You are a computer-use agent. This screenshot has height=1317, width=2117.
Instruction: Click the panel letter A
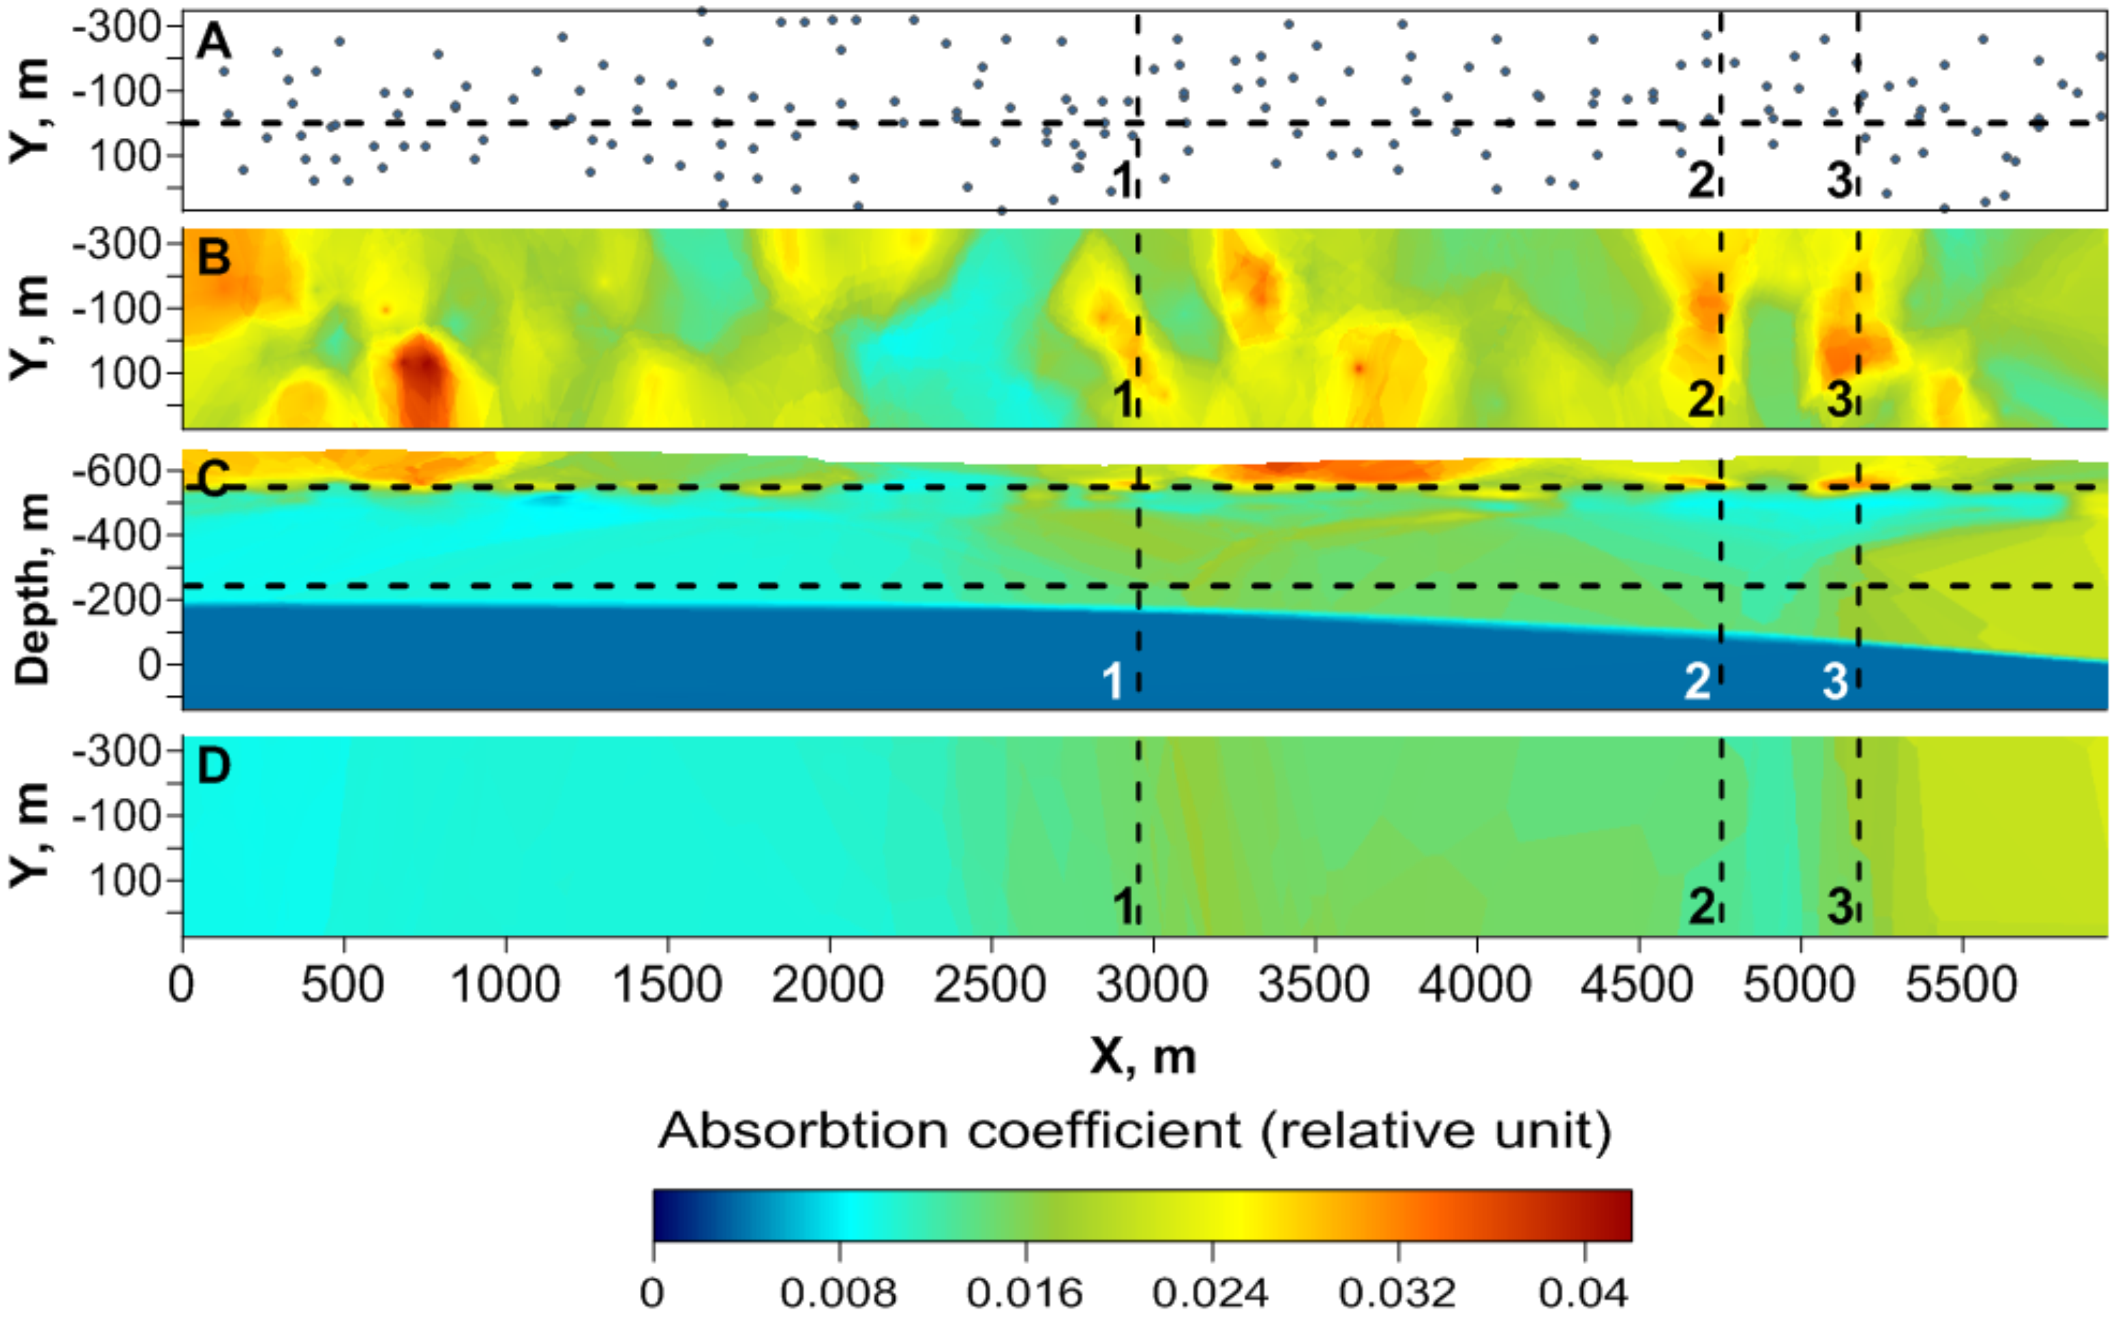(213, 41)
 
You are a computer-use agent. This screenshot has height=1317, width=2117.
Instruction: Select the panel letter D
(214, 766)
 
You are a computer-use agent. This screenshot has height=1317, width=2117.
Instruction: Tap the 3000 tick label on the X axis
(1152, 985)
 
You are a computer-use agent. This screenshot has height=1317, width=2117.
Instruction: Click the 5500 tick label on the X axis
(1961, 985)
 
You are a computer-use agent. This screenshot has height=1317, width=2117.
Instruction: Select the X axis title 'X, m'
(1143, 1056)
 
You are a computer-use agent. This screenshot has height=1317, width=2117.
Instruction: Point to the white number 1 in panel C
(1112, 681)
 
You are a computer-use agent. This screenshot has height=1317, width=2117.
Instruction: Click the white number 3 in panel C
(1835, 681)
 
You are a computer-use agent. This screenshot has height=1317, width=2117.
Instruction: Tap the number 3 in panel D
(1839, 907)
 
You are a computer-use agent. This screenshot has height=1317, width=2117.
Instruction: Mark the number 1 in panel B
(1123, 399)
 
